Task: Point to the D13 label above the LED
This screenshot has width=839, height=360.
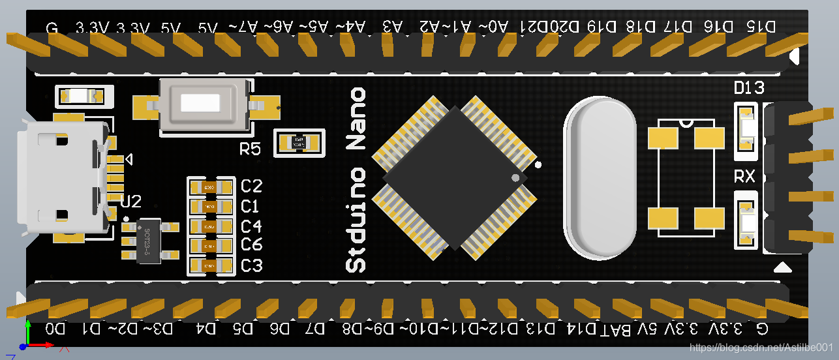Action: (749, 88)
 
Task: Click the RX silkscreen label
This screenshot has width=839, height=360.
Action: (744, 177)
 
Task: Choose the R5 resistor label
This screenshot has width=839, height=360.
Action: (250, 149)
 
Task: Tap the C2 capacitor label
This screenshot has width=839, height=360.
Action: (251, 187)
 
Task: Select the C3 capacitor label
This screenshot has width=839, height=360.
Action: (251, 266)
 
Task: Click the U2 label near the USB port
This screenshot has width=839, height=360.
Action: (130, 202)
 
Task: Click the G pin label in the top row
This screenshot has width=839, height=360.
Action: (52, 29)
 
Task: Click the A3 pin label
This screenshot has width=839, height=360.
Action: (391, 27)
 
